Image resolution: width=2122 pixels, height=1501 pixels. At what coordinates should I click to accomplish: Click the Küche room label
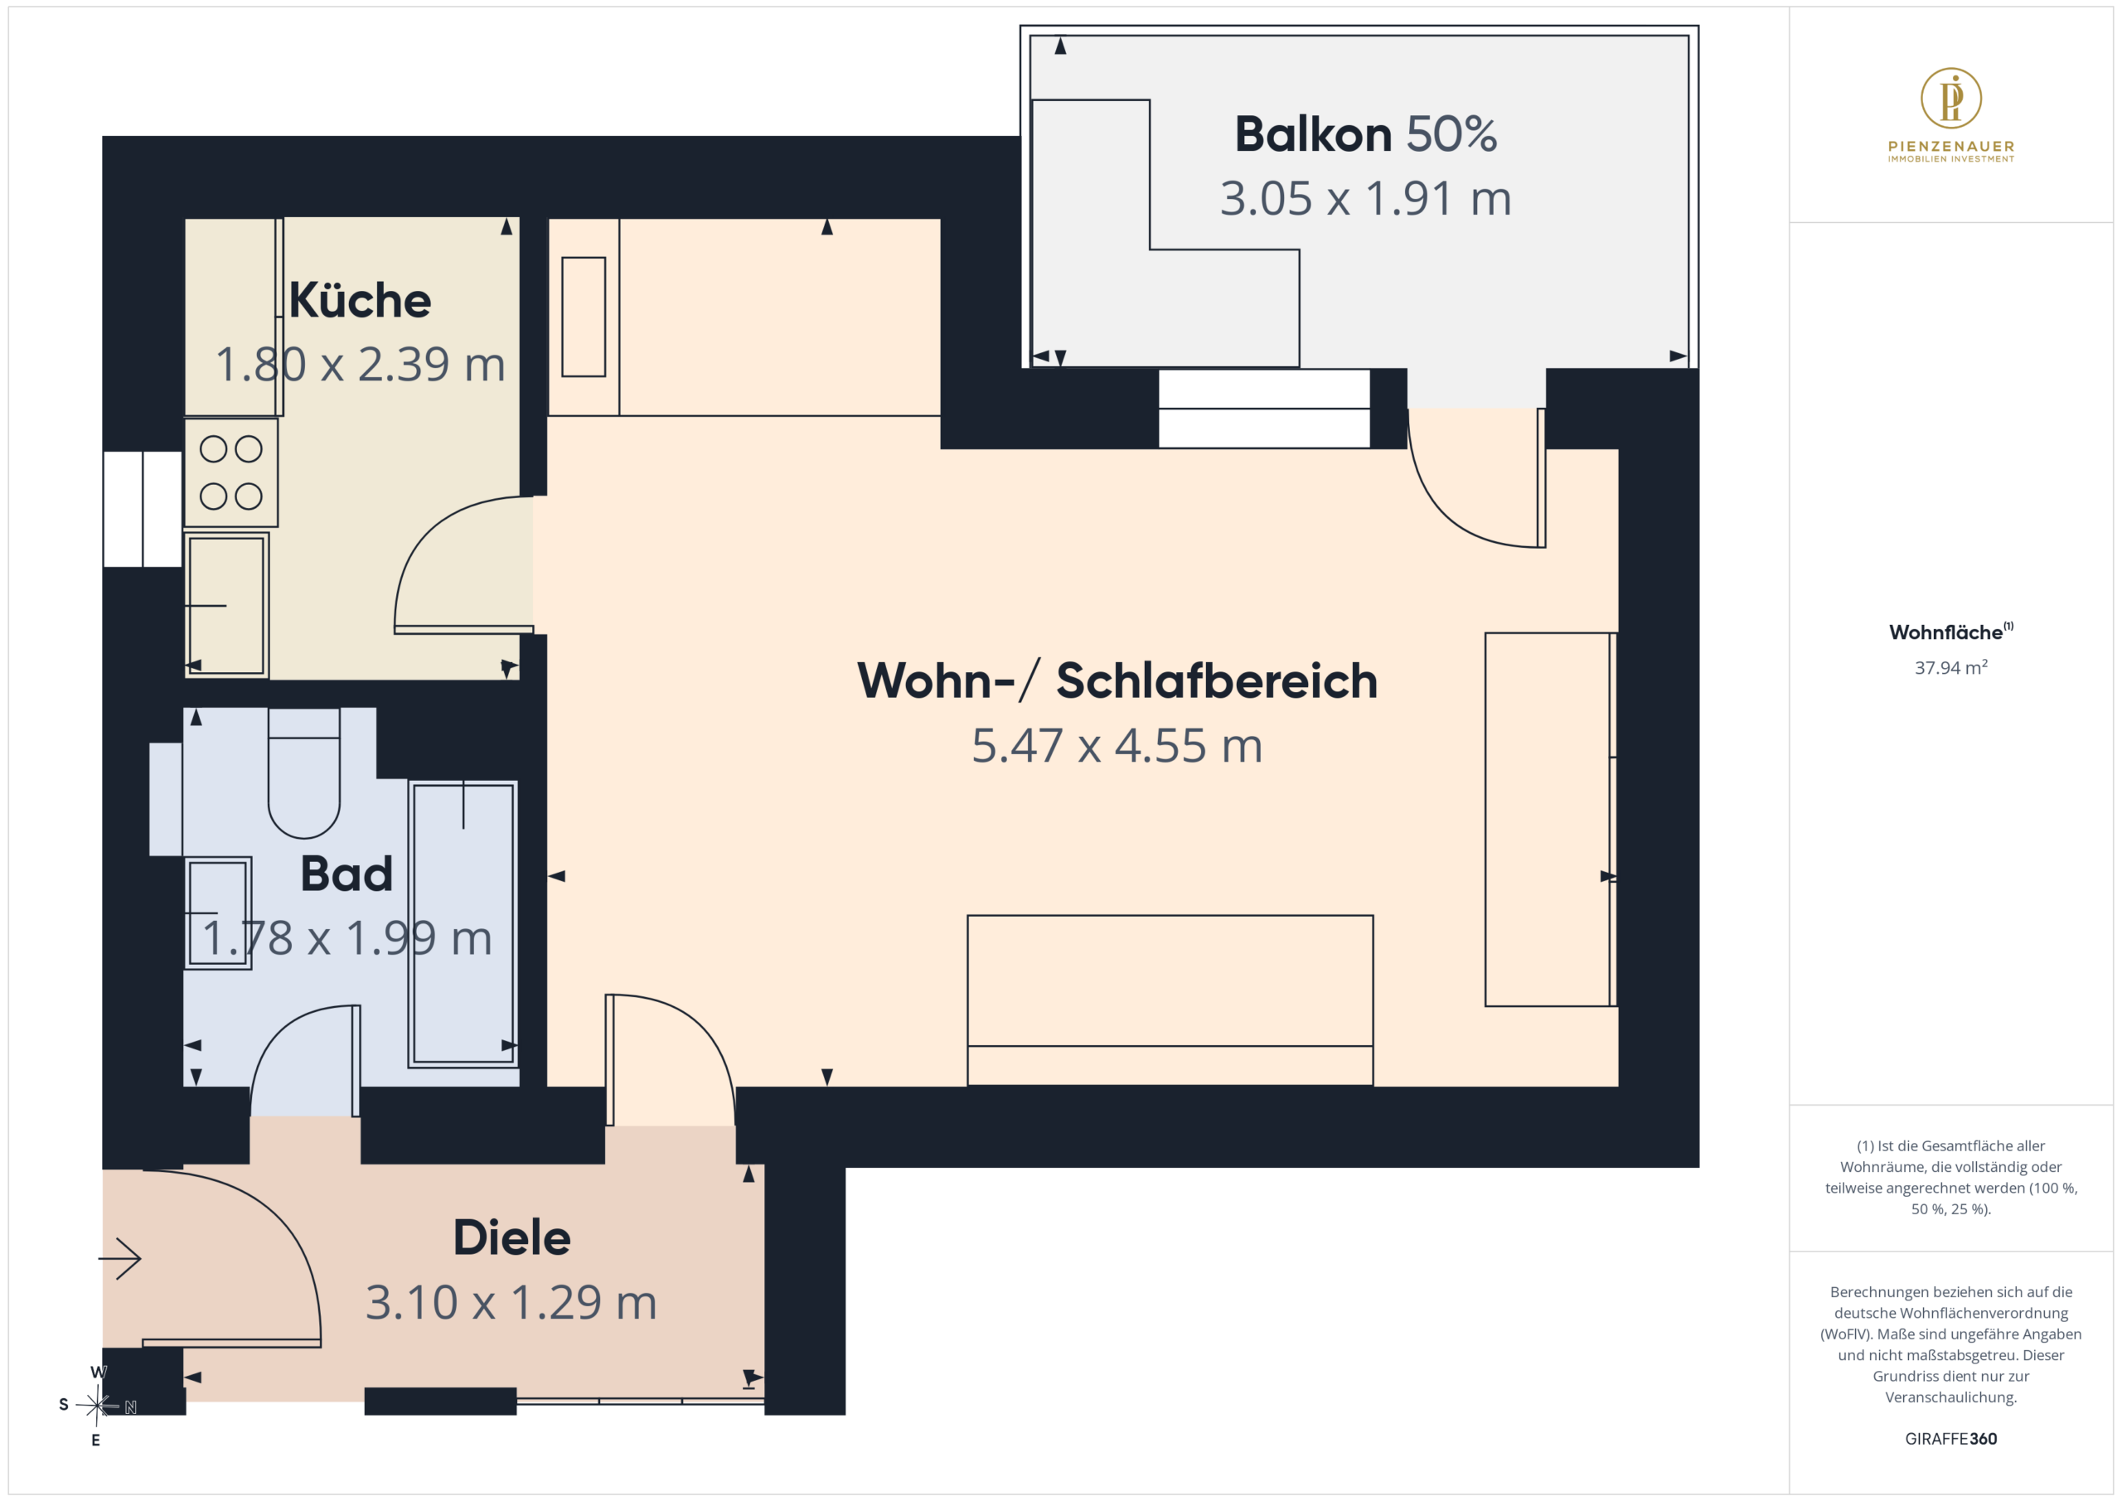360,300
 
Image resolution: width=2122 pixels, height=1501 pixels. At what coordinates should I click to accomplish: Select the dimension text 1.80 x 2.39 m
361,364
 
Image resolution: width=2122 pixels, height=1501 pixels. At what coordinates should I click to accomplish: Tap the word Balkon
1313,134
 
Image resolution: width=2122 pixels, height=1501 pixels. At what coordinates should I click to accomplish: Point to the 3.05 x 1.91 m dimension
1365,199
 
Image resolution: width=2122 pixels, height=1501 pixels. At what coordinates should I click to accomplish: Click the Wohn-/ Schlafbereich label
1117,681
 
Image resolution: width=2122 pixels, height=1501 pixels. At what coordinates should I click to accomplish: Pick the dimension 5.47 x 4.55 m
1117,746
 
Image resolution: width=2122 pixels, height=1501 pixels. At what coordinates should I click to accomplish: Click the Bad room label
346,874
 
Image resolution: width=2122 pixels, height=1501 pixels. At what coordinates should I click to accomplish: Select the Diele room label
512,1237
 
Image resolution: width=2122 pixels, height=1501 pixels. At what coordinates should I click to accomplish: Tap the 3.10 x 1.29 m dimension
511,1302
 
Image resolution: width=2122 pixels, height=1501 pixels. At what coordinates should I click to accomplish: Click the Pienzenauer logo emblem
1951,98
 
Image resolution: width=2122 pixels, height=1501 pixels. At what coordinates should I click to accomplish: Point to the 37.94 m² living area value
1951,667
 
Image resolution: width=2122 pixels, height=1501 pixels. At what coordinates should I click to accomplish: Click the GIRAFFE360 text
1951,1439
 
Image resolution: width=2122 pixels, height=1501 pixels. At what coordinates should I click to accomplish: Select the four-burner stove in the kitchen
231,473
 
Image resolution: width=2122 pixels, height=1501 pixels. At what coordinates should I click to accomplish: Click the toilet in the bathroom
304,772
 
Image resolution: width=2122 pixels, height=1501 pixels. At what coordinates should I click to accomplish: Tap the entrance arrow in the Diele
119,1258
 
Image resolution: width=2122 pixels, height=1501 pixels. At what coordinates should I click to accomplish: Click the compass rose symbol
97,1406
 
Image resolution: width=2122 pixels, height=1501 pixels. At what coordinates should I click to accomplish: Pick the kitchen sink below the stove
226,605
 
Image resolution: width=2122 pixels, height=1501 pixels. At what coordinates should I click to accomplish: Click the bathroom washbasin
218,913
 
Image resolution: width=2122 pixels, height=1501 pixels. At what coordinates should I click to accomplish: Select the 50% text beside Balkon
1452,134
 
